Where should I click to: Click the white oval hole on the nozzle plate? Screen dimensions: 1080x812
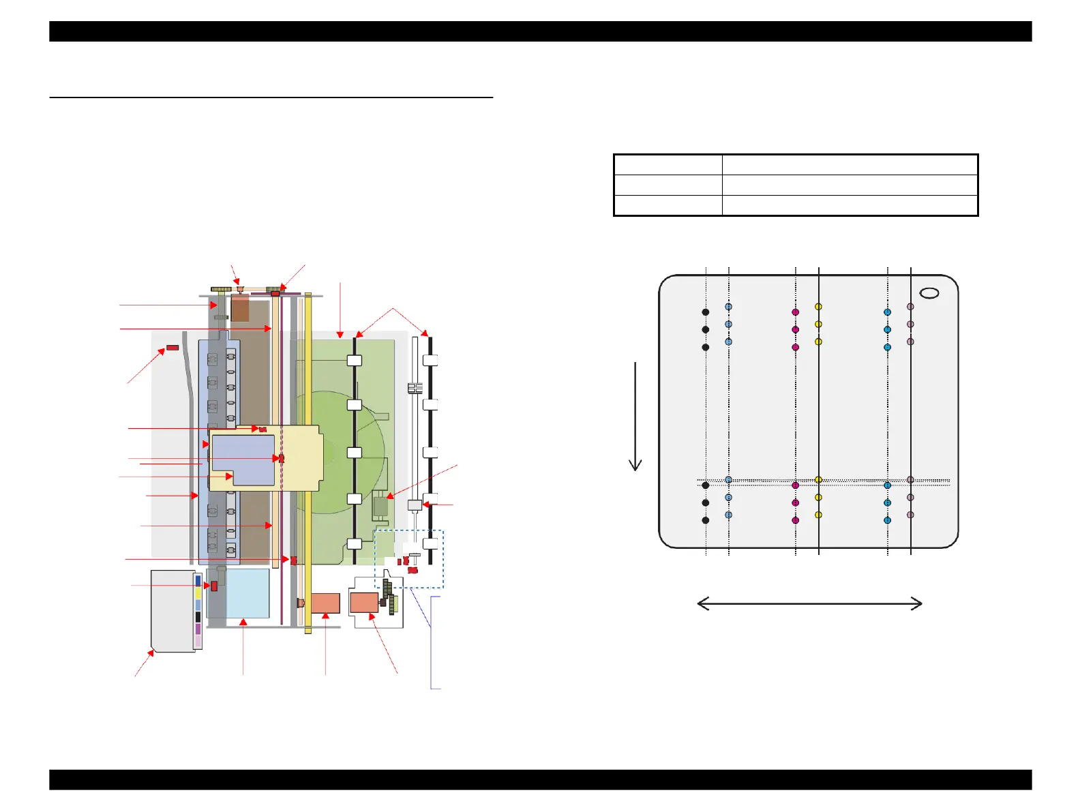click(x=929, y=292)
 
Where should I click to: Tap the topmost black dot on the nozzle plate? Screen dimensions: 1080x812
click(x=706, y=312)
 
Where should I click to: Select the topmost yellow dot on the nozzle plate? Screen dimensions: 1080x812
click(x=818, y=307)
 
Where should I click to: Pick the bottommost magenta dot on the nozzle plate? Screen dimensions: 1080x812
click(x=795, y=520)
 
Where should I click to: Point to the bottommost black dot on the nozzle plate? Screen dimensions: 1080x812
click(x=706, y=520)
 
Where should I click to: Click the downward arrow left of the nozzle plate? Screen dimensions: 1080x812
click(x=635, y=416)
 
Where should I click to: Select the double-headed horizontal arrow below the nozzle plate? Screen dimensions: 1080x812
click(x=810, y=603)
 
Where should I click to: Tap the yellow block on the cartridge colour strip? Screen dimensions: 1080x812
click(x=198, y=593)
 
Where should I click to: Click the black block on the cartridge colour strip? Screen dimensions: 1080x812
click(x=198, y=617)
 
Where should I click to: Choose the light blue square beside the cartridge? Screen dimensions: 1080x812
click(x=247, y=593)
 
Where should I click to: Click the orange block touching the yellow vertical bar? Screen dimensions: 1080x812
click(x=326, y=603)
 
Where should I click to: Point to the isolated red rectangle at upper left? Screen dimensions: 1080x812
click(x=172, y=348)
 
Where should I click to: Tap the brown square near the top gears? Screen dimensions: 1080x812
click(x=240, y=308)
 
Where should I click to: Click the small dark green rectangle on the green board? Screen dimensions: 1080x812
click(x=380, y=507)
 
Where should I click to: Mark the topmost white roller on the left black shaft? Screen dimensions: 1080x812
click(x=355, y=361)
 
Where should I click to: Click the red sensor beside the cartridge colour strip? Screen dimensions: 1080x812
click(x=214, y=586)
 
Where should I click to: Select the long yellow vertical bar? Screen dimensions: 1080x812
click(x=308, y=464)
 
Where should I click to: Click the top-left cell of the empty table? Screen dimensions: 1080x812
click(x=668, y=165)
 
